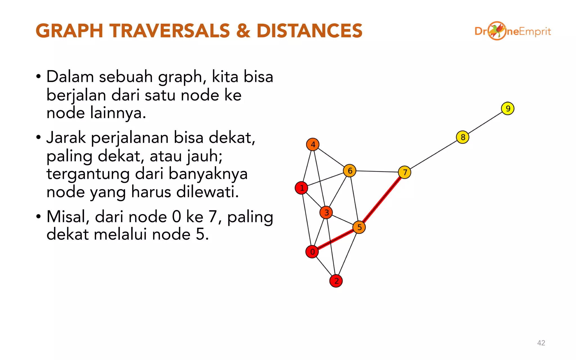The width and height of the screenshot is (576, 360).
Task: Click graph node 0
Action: (312, 252)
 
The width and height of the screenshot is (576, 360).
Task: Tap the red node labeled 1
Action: (301, 188)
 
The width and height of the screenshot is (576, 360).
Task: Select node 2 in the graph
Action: (336, 281)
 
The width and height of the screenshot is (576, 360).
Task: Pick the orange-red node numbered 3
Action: (326, 213)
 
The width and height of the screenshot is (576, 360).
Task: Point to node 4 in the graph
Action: (313, 145)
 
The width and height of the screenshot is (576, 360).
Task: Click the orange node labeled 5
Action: (359, 227)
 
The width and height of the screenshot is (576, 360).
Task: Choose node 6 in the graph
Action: (350, 171)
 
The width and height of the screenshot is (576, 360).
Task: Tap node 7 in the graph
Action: (405, 172)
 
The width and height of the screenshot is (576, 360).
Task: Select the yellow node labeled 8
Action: (463, 137)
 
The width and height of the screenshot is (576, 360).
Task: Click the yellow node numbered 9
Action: (508, 109)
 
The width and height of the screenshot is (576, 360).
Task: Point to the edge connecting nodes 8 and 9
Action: (485, 123)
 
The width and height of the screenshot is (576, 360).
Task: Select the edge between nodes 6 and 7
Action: (377, 171)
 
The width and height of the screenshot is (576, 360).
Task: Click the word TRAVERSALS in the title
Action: (170, 31)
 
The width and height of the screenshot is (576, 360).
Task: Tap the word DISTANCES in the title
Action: (309, 31)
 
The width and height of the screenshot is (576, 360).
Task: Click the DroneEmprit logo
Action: (512, 31)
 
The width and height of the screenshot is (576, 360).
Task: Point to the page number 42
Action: (541, 343)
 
